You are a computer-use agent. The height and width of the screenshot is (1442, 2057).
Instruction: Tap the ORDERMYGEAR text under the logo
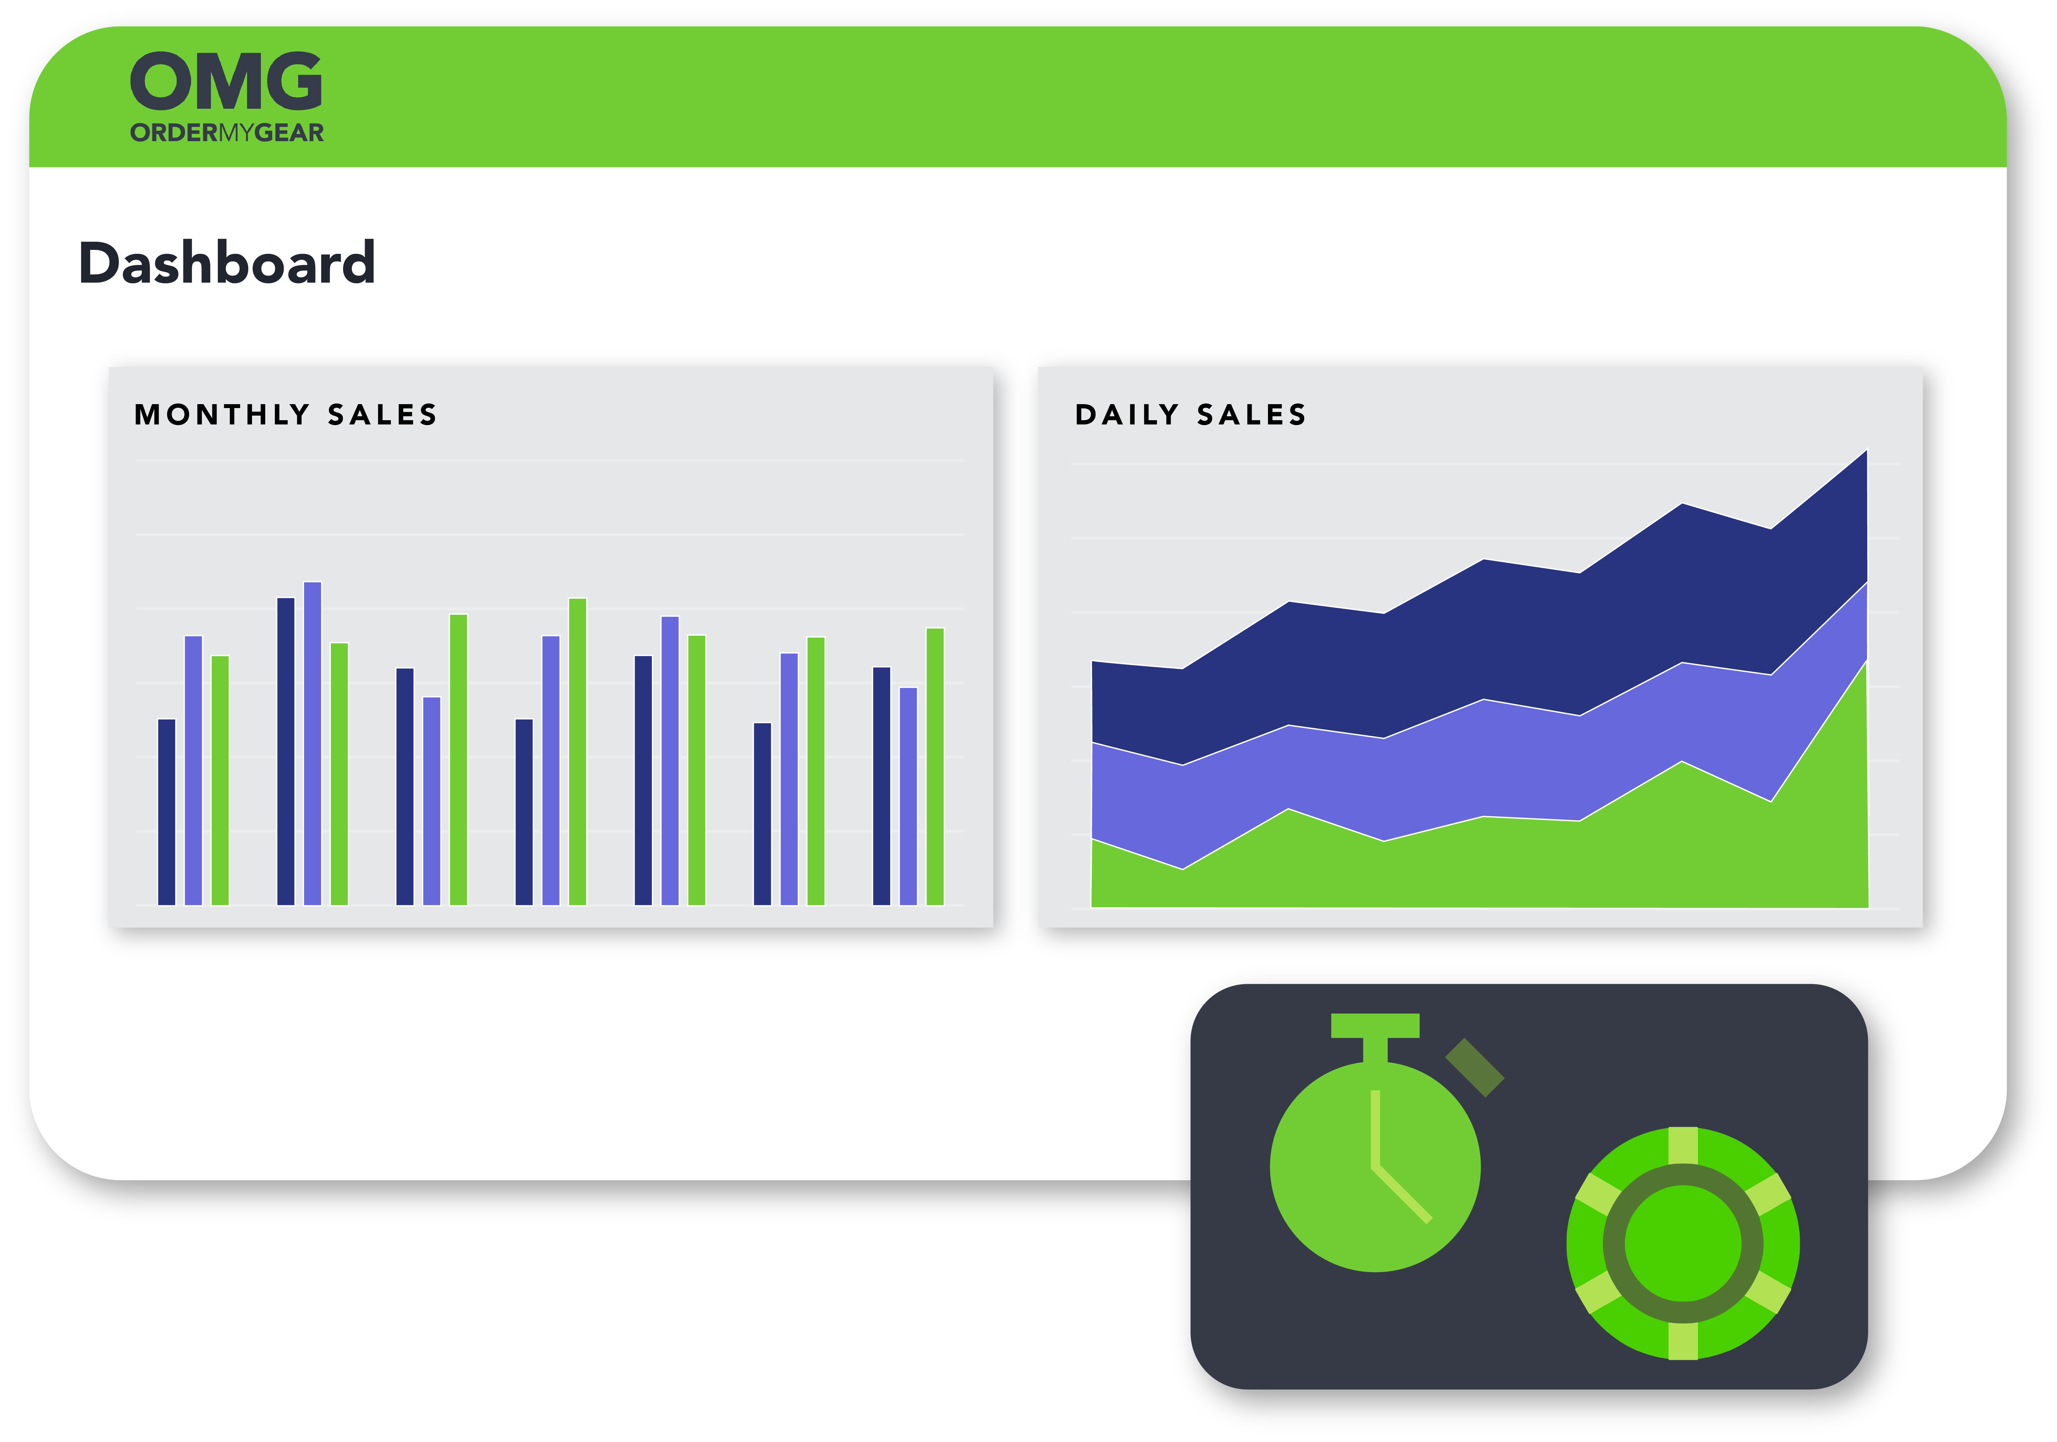pyautogui.click(x=227, y=133)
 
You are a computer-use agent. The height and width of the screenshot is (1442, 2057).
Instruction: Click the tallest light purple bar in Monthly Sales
pyautogui.click(x=313, y=743)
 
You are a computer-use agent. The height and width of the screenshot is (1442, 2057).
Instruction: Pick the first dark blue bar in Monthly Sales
pyautogui.click(x=167, y=812)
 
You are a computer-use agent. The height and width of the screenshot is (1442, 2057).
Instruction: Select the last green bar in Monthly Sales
pyautogui.click(x=935, y=767)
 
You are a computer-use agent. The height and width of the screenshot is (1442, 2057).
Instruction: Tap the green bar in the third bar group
pyautogui.click(x=459, y=759)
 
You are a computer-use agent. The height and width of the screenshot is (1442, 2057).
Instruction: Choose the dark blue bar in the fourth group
pyautogui.click(x=524, y=812)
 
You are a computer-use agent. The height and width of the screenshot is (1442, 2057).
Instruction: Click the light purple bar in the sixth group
pyautogui.click(x=789, y=779)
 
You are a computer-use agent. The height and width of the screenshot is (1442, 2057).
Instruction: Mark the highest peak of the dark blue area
pyautogui.click(x=1866, y=451)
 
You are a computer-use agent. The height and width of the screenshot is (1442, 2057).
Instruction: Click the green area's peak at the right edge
pyautogui.click(x=1866, y=661)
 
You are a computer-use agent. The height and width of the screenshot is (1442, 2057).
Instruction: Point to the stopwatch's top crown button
pyautogui.click(x=1375, y=1037)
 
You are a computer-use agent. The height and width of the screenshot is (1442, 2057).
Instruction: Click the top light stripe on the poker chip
pyautogui.click(x=1683, y=1146)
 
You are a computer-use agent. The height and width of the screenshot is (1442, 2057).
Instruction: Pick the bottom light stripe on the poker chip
pyautogui.click(x=1683, y=1341)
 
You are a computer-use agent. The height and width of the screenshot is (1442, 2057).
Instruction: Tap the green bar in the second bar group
pyautogui.click(x=339, y=774)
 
